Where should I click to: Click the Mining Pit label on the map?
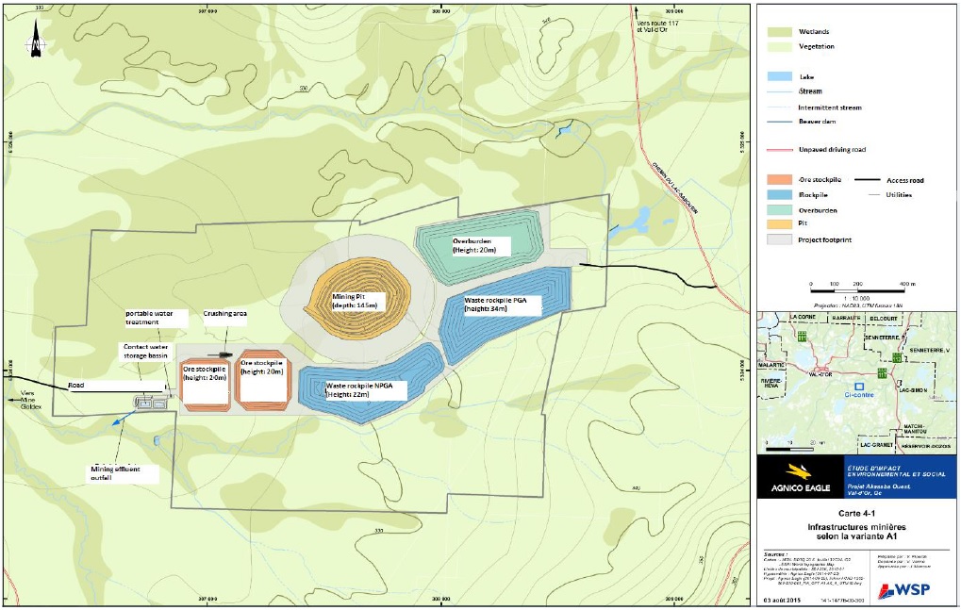(355, 301)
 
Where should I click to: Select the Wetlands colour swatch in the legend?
(779, 31)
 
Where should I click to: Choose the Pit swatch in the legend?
(779, 226)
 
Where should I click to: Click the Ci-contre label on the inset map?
(858, 396)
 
